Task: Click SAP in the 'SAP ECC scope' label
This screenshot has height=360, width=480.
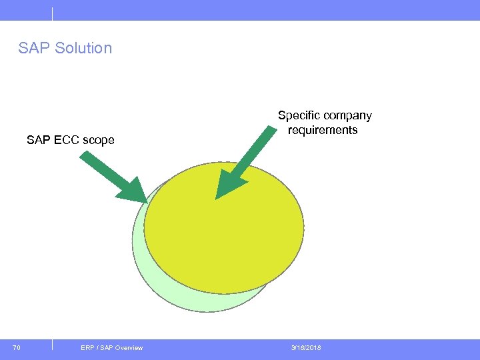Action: [x=37, y=140]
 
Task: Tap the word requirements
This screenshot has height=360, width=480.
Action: [x=323, y=130]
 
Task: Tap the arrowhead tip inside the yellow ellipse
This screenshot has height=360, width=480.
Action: [x=220, y=195]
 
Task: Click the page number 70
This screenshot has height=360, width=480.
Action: [x=17, y=347]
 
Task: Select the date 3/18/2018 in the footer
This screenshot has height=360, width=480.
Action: [x=305, y=347]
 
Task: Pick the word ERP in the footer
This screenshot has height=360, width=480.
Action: [x=87, y=347]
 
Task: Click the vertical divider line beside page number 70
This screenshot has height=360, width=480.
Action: [x=51, y=345]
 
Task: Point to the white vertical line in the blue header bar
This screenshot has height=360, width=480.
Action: [x=51, y=13]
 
